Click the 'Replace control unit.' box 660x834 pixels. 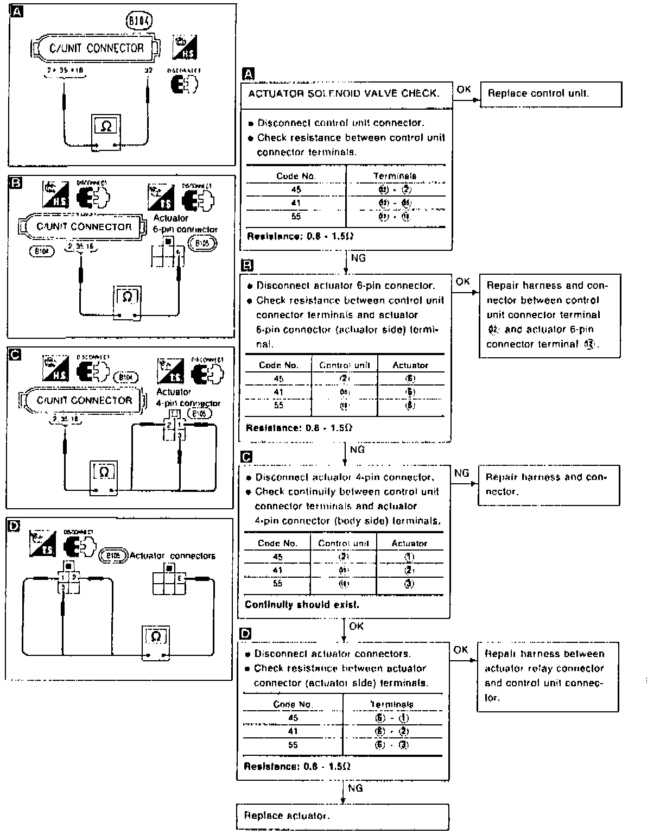(x=550, y=94)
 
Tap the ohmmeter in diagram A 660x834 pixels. (x=106, y=133)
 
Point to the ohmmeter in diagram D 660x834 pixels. (x=156, y=643)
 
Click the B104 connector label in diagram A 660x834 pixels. (x=139, y=21)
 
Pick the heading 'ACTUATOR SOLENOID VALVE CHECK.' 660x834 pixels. (x=344, y=93)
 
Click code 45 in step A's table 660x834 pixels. (x=296, y=189)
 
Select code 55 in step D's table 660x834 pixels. (x=293, y=745)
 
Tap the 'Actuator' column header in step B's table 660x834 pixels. (x=410, y=365)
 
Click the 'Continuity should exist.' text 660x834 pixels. (x=302, y=604)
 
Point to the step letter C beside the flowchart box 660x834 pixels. (x=246, y=457)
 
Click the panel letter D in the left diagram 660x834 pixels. (x=15, y=525)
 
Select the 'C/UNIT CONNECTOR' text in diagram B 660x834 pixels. (x=84, y=226)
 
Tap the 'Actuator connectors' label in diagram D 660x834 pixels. (x=172, y=555)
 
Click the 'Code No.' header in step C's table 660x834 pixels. (x=277, y=543)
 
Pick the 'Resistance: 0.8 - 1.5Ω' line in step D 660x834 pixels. (x=297, y=767)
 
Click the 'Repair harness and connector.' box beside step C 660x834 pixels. (x=548, y=484)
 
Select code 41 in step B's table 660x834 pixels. (x=278, y=392)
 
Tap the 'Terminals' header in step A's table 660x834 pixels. (x=395, y=176)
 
